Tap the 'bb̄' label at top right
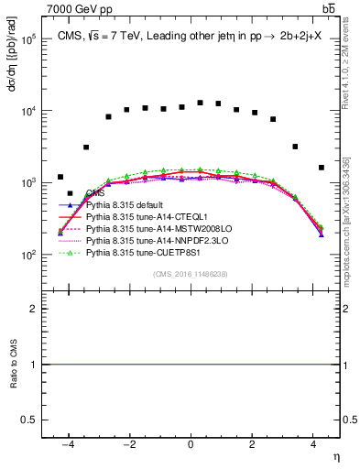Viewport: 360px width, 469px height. pos(329,8)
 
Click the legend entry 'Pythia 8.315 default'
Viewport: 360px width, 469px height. pos(127,205)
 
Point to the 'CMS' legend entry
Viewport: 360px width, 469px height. pos(95,194)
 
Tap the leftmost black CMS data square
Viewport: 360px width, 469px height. pos(60,177)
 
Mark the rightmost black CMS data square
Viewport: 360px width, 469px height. pos(321,168)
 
